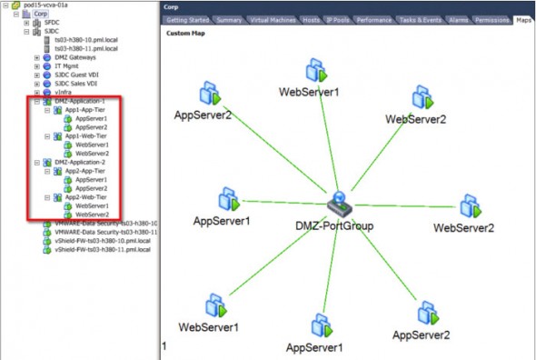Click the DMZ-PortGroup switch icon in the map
(x=337, y=202)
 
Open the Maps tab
(x=523, y=20)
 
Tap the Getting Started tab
(x=186, y=20)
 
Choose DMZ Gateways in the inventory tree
(x=74, y=57)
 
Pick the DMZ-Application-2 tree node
(x=79, y=162)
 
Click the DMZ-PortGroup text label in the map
(x=335, y=225)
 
